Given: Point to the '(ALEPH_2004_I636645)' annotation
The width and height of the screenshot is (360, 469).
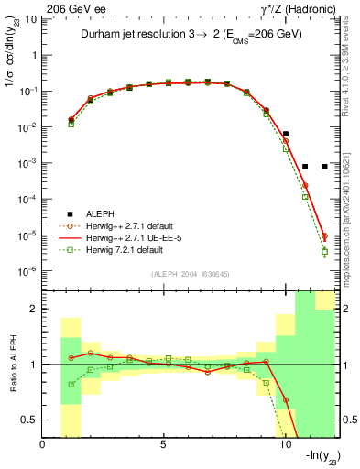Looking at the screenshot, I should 191,273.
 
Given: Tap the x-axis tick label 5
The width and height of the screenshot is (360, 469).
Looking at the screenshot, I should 164,445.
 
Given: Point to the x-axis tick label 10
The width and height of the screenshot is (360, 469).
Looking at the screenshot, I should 284,445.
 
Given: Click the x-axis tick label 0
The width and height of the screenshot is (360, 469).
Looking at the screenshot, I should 44,445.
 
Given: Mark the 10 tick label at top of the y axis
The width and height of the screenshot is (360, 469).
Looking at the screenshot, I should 30,19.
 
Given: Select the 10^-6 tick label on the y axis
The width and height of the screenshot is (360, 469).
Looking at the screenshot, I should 27,271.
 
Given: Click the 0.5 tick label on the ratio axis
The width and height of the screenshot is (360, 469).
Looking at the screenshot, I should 31,420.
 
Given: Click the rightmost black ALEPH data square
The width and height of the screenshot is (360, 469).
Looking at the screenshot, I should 324,167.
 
